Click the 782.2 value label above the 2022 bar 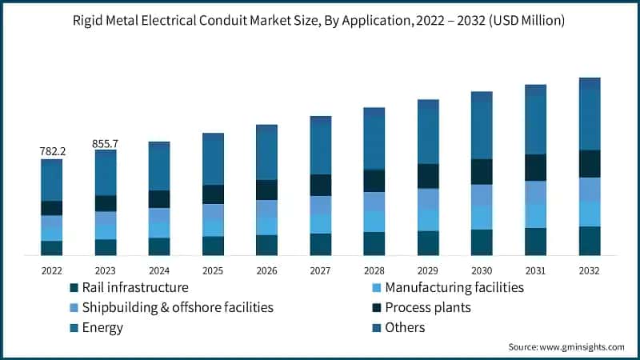(52, 151)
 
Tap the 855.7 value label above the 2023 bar (106, 143)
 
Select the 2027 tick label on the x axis (320, 270)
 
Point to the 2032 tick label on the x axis (590, 270)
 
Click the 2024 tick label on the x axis (159, 270)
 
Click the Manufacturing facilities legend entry (454, 287)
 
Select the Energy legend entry (104, 327)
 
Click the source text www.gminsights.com (581, 347)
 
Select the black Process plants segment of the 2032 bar (590, 163)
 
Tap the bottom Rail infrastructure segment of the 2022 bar (52, 248)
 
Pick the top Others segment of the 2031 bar (535, 90)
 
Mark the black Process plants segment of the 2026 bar (266, 190)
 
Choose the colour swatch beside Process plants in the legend (374, 307)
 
